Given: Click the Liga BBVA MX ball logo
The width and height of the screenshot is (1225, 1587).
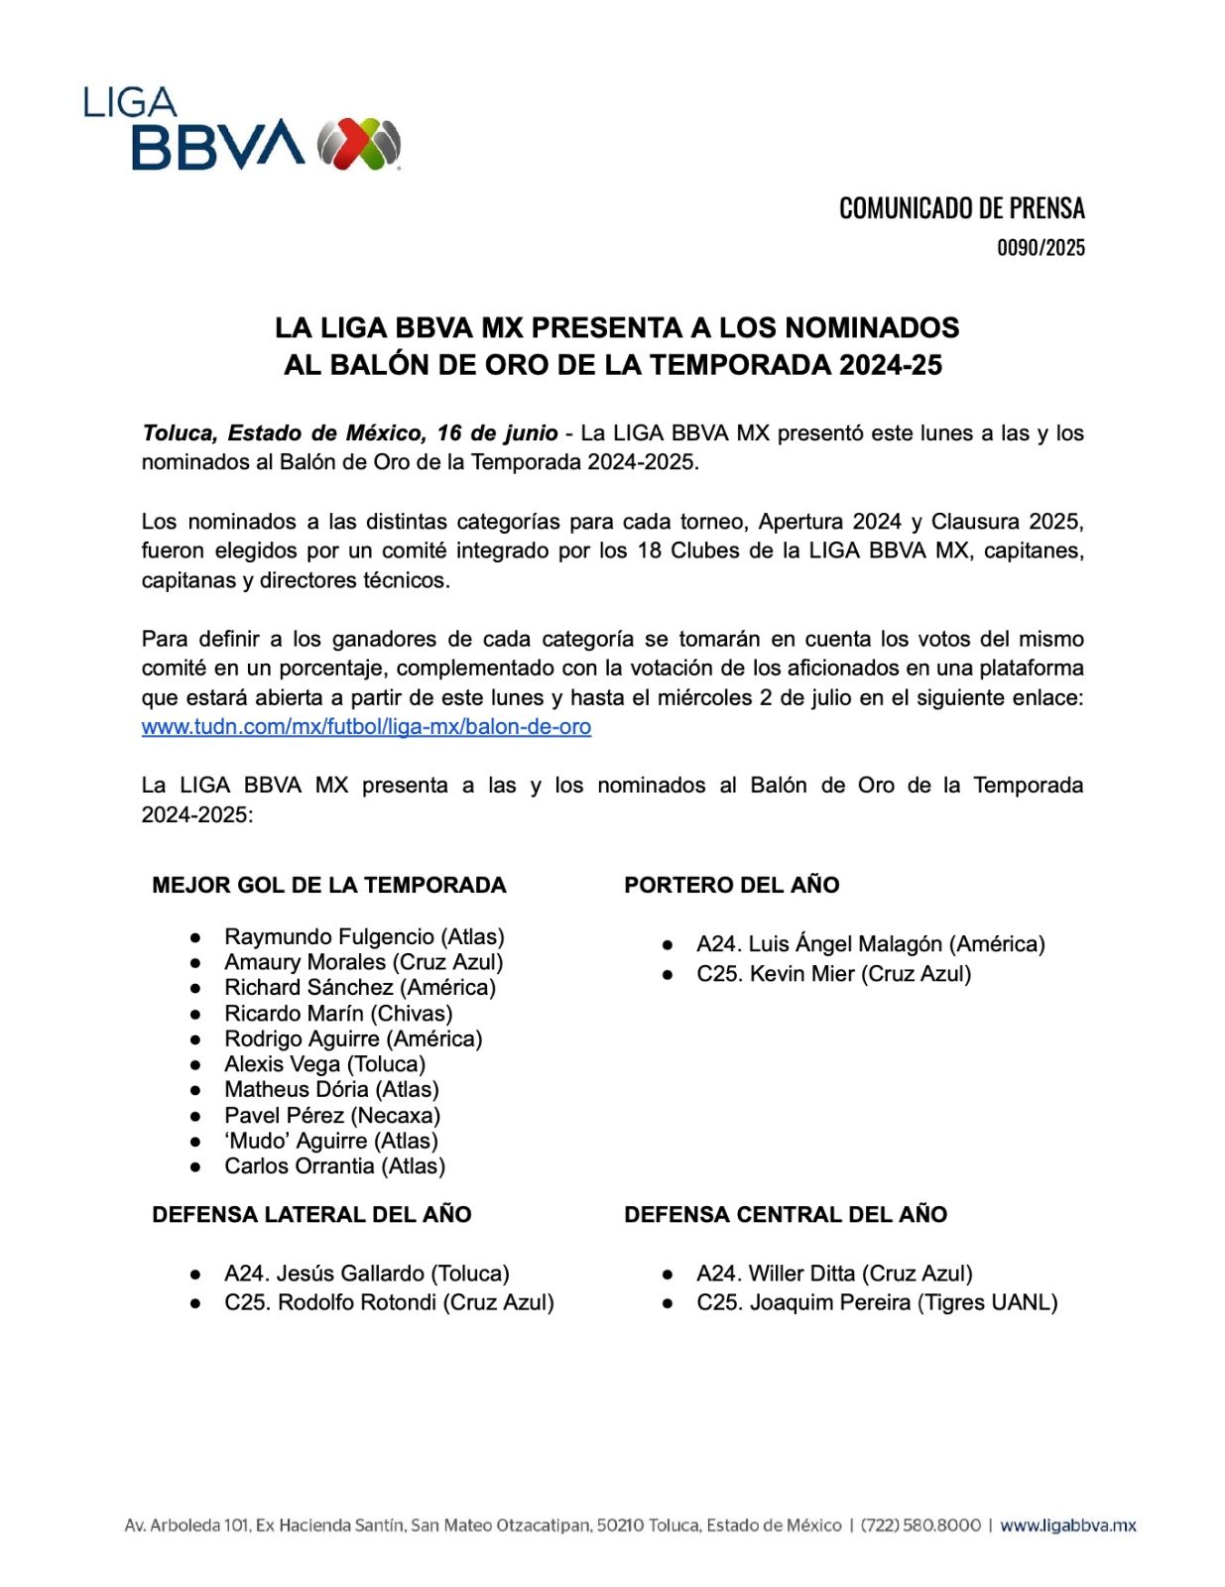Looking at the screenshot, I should click(359, 144).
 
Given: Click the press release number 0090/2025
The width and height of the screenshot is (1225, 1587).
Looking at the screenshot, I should click(1041, 248).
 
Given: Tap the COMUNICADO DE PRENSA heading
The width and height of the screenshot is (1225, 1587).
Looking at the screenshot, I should click(961, 208).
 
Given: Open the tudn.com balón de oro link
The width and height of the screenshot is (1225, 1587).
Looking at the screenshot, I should click(366, 727).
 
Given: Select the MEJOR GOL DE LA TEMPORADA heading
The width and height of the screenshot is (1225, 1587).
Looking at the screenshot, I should click(328, 886).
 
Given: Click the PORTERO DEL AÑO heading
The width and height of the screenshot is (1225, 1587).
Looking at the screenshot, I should click(731, 886).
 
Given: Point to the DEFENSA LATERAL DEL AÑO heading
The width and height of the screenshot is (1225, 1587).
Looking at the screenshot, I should click(311, 1215).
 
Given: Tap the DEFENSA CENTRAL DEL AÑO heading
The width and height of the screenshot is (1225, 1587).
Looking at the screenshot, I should click(785, 1215).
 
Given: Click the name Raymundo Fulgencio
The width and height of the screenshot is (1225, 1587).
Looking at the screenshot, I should click(329, 937).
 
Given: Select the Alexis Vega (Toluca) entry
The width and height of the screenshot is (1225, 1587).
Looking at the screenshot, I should click(324, 1064).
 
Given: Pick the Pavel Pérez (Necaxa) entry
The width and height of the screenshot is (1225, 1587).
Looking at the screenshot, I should click(332, 1116).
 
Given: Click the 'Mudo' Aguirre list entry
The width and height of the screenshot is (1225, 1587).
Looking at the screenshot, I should click(331, 1142).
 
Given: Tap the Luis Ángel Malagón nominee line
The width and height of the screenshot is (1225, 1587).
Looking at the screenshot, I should click(870, 944).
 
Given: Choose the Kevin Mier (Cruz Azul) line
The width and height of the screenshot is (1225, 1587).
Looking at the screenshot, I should click(833, 974).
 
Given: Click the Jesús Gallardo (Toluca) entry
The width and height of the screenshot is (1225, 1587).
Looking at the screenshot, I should click(366, 1274).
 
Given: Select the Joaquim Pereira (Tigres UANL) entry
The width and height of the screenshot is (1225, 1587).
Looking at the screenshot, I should click(877, 1302).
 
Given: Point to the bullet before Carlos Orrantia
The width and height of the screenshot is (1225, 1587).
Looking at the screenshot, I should click(195, 1167).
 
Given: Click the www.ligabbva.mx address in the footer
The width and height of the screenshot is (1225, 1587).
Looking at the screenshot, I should click(1067, 1526).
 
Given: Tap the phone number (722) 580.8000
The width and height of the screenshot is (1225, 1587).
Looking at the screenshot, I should click(920, 1526).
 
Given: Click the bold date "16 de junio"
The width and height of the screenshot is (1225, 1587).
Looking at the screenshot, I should click(497, 433).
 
